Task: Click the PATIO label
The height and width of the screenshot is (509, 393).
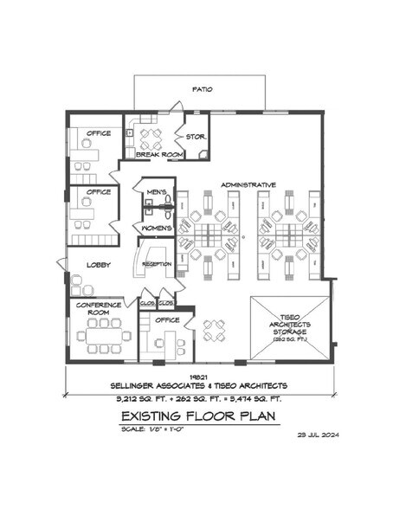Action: tap(202, 89)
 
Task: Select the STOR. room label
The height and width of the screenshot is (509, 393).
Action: tap(194, 135)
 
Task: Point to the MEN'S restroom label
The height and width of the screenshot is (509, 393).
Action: tap(157, 191)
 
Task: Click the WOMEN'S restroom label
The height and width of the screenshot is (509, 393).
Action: tap(157, 228)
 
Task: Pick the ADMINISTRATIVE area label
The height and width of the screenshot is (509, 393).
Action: tap(248, 184)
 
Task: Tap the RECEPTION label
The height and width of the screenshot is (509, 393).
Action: tap(157, 264)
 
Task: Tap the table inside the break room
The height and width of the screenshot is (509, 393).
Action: tap(151, 137)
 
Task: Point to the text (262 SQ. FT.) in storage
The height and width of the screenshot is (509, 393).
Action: tap(290, 339)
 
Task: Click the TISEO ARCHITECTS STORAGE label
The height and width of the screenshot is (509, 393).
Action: tap(290, 325)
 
